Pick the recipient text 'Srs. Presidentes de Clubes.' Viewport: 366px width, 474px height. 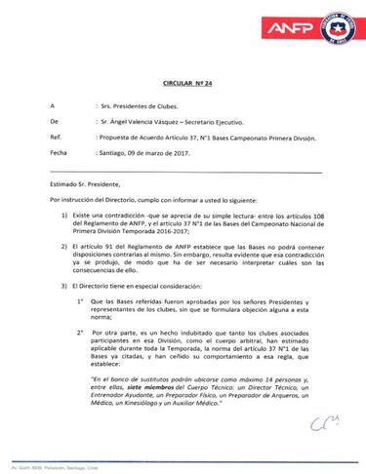click(127, 104)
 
